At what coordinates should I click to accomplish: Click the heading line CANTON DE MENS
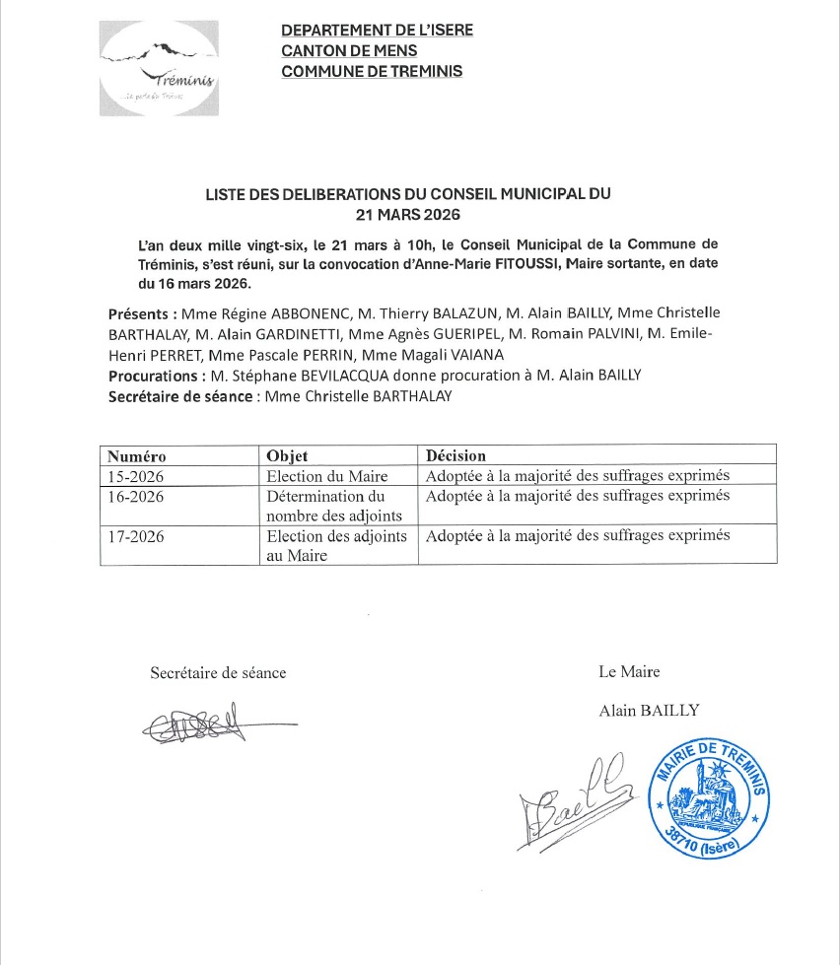[x=349, y=50]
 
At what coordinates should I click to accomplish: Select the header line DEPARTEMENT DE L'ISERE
[x=377, y=30]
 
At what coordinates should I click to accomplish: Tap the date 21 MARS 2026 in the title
[x=408, y=213]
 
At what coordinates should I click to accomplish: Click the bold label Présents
[x=142, y=314]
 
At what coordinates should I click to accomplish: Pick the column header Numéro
[x=137, y=456]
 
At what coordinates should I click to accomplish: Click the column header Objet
[x=288, y=456]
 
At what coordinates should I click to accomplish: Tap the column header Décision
[x=455, y=456]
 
